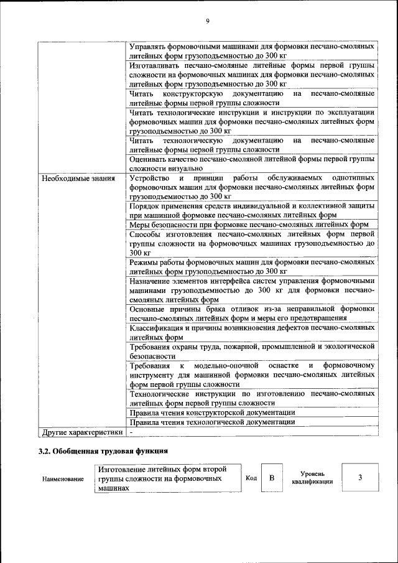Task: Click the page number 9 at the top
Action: point(208,21)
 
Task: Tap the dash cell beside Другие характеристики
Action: point(131,431)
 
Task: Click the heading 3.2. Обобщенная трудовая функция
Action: point(103,451)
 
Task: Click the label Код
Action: point(251,478)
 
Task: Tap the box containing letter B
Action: point(271,478)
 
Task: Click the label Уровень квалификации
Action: point(313,478)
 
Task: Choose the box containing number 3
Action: point(360,478)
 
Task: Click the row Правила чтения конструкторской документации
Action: point(212,412)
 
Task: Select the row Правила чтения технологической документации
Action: point(212,422)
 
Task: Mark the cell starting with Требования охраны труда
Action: point(252,351)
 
